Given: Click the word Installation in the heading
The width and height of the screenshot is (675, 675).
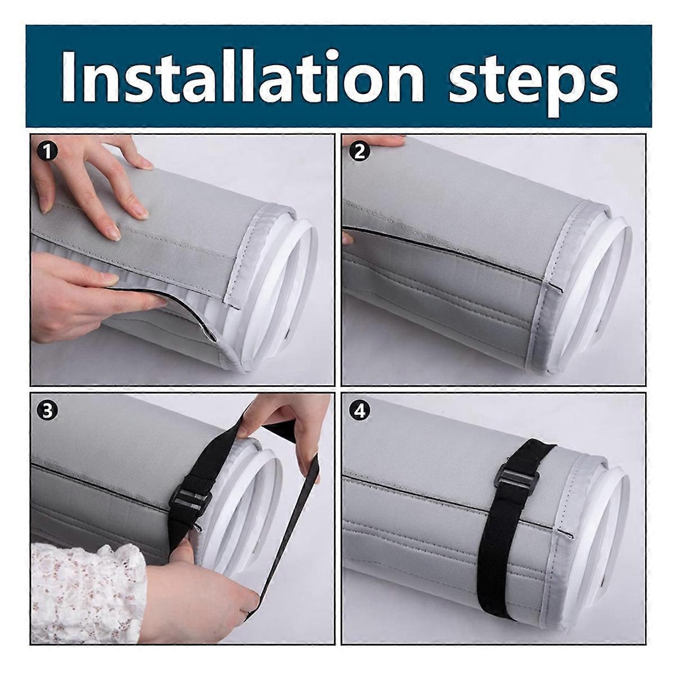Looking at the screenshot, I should (x=242, y=74).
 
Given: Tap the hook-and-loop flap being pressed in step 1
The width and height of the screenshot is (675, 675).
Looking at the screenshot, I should (x=141, y=259).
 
